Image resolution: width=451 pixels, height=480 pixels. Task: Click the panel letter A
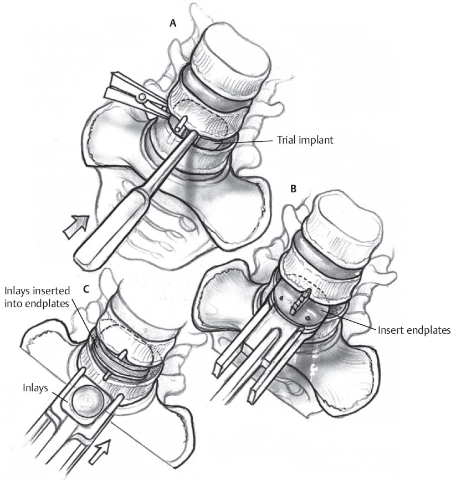[x=173, y=23]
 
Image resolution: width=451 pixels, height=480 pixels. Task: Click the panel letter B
[x=293, y=189]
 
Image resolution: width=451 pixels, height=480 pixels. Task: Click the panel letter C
[x=86, y=289]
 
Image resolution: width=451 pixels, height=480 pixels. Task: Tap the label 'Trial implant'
[x=305, y=140]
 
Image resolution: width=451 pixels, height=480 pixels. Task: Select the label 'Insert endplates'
[x=414, y=330]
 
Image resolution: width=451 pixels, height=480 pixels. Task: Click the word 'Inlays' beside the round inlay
[x=35, y=388]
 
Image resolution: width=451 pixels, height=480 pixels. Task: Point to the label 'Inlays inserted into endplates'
[x=37, y=297]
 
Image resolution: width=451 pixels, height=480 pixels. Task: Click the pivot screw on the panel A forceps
[x=142, y=98]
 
